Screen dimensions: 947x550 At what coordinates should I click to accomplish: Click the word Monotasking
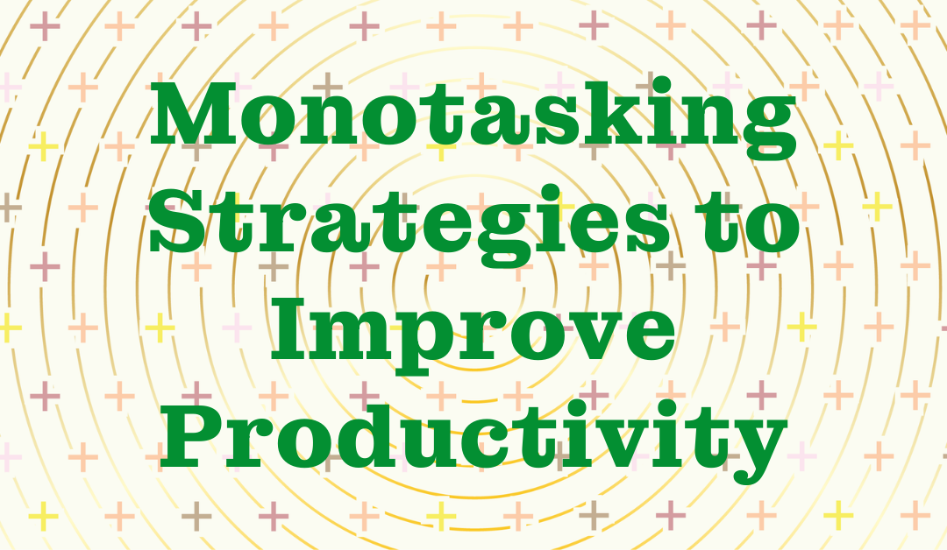coord(473,117)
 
